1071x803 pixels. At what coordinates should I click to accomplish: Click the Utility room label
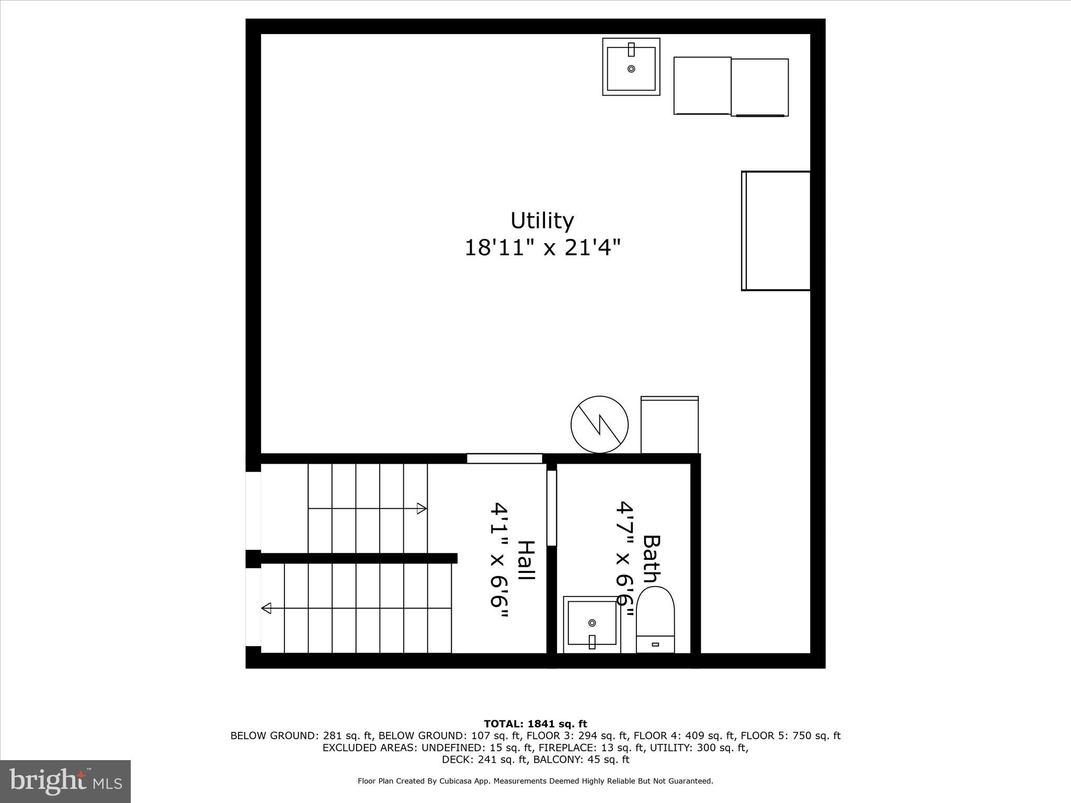[542, 221]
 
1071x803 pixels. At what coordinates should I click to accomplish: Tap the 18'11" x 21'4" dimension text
[542, 247]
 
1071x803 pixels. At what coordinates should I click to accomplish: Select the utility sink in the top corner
[631, 67]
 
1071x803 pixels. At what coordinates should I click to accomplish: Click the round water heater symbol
[599, 425]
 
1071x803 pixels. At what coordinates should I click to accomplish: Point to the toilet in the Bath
[655, 621]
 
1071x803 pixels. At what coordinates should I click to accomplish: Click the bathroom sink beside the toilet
[592, 624]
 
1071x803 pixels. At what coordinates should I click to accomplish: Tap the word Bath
[651, 558]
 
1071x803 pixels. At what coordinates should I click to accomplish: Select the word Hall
[526, 560]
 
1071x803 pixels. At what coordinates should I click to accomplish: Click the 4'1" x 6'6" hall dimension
[499, 561]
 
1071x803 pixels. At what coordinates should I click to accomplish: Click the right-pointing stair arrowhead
[421, 508]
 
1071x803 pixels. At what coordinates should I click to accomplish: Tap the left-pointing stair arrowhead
[266, 608]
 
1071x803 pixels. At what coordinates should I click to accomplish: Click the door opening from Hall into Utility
[504, 458]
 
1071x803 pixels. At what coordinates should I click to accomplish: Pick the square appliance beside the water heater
[669, 425]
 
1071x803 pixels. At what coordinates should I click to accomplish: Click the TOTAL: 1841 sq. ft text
[535, 724]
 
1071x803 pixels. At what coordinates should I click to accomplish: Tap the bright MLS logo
[65, 781]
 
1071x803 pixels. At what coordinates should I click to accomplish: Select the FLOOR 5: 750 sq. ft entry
[791, 736]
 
